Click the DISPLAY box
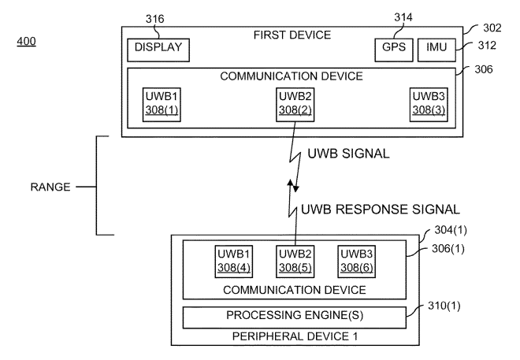click(158, 48)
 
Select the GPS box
click(388, 48)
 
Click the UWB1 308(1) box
click(161, 104)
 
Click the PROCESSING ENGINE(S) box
click(294, 316)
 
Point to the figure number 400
click(25, 40)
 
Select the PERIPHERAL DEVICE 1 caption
click(294, 336)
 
